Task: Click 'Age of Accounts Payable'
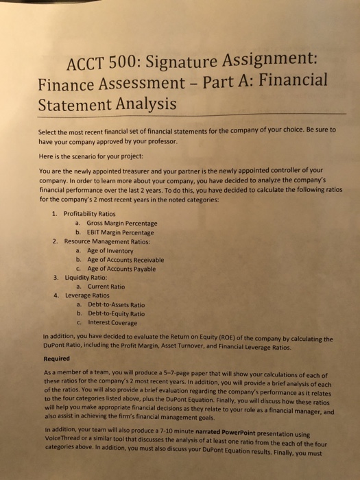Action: point(119,269)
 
